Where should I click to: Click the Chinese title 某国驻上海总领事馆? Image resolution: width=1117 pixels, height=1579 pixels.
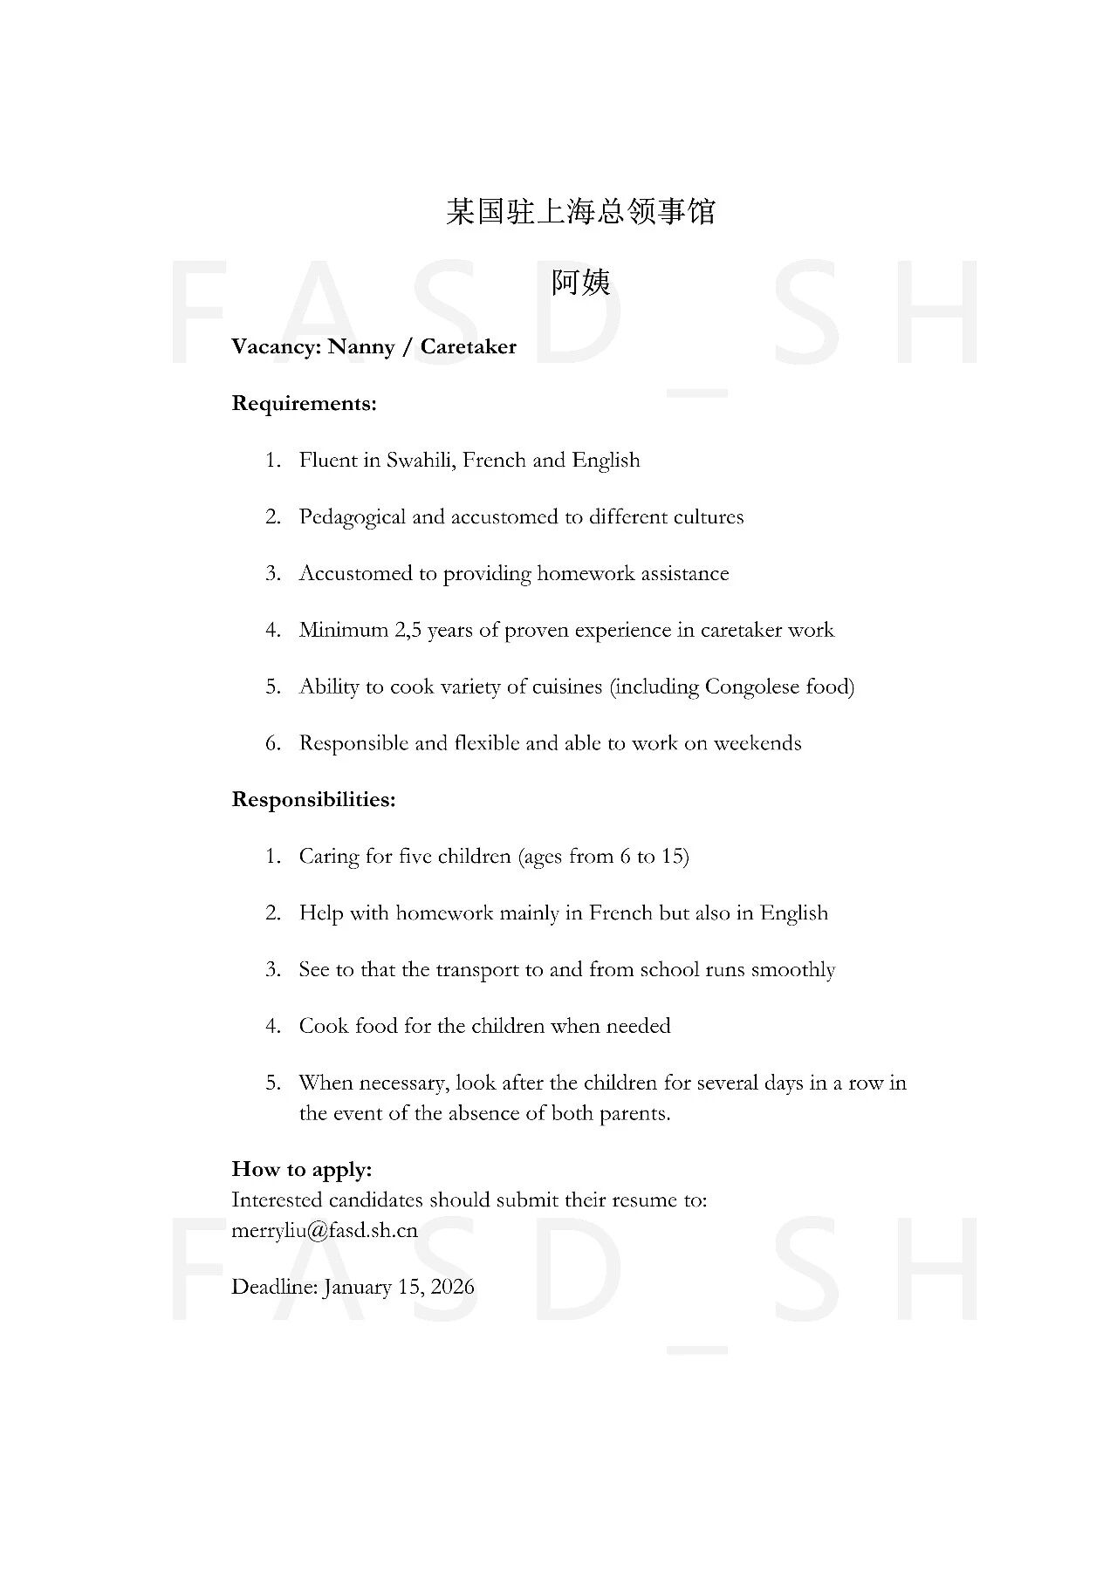pyautogui.click(x=580, y=212)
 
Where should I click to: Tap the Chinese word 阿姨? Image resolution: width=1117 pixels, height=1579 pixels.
pyautogui.click(x=580, y=283)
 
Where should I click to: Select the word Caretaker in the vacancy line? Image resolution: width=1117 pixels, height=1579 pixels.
pyautogui.click(x=468, y=347)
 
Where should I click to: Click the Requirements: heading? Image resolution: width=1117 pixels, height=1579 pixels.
pyautogui.click(x=304, y=404)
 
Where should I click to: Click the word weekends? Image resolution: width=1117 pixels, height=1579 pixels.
pyautogui.click(x=757, y=743)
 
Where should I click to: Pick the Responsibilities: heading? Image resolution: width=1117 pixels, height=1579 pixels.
pyautogui.click(x=313, y=800)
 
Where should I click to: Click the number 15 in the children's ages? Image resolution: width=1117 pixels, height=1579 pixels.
pyautogui.click(x=673, y=857)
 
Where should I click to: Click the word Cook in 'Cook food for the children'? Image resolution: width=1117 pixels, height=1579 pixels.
pyautogui.click(x=324, y=1026)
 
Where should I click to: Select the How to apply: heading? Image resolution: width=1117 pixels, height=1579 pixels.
pyautogui.click(x=302, y=1170)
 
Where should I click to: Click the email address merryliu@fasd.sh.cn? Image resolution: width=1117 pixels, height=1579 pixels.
pyautogui.click(x=325, y=1231)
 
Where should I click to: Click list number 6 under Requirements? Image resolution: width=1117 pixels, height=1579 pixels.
pyautogui.click(x=273, y=743)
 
